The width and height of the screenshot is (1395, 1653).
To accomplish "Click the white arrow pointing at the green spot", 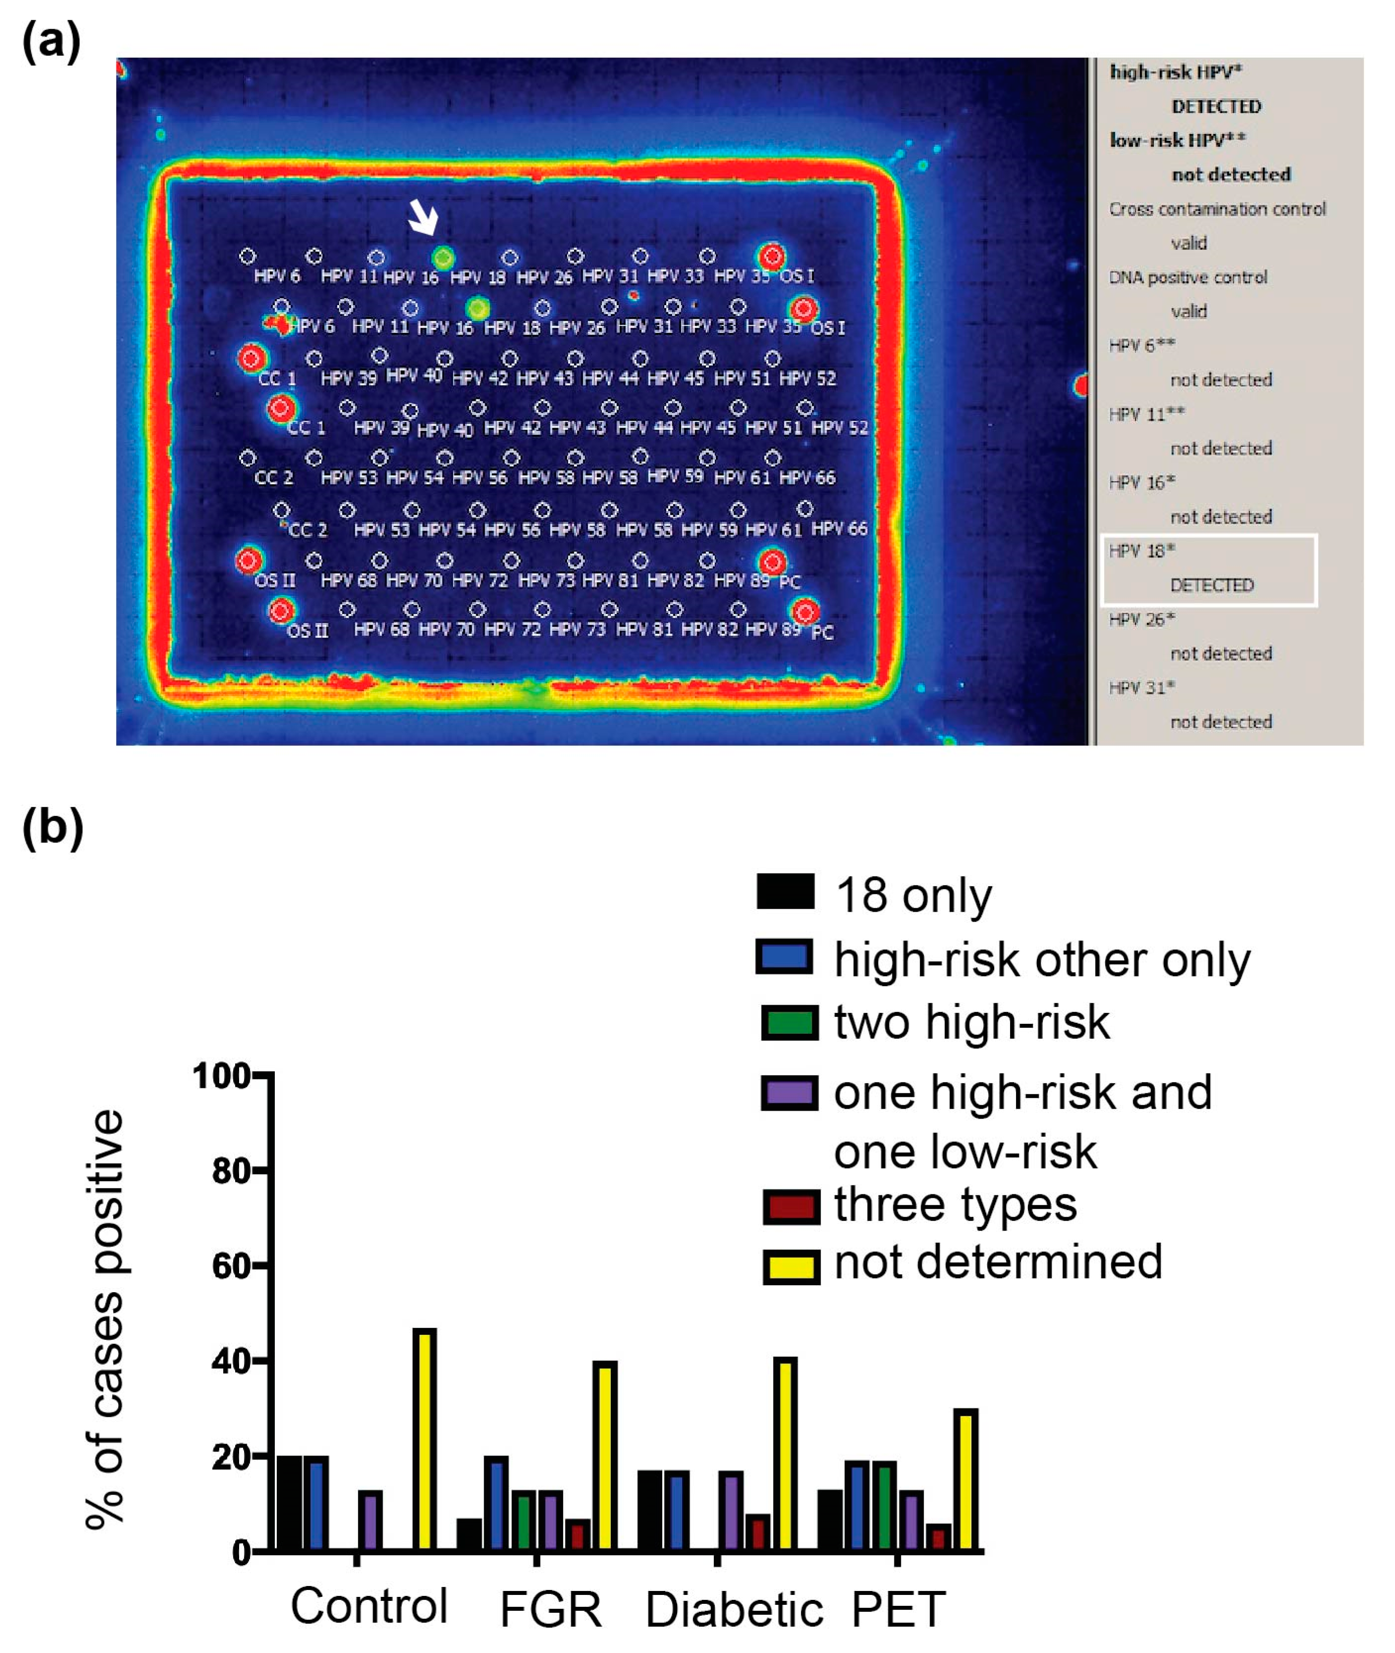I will [423, 217].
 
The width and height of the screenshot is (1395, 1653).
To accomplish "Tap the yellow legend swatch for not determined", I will [790, 1266].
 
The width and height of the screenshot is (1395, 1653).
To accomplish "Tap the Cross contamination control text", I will [1216, 209].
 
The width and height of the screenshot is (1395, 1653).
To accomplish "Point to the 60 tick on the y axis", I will [231, 1266].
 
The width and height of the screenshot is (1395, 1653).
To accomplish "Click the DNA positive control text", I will [1187, 277].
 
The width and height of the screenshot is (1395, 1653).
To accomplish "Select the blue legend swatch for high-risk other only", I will [784, 956].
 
